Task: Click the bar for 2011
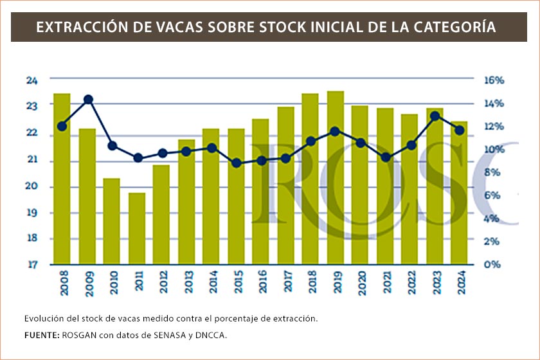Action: [137, 228]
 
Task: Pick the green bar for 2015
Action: [236, 196]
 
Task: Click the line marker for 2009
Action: [88, 100]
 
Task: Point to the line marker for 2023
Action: [435, 116]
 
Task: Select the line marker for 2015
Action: [237, 163]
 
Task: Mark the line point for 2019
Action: [335, 131]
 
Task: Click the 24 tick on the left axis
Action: [32, 80]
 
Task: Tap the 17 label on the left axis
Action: [32, 264]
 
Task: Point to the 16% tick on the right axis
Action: [494, 80]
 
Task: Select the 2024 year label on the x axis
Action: [459, 285]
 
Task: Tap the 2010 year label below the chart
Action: [113, 285]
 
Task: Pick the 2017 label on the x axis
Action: [286, 285]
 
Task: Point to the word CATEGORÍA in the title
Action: [457, 28]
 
